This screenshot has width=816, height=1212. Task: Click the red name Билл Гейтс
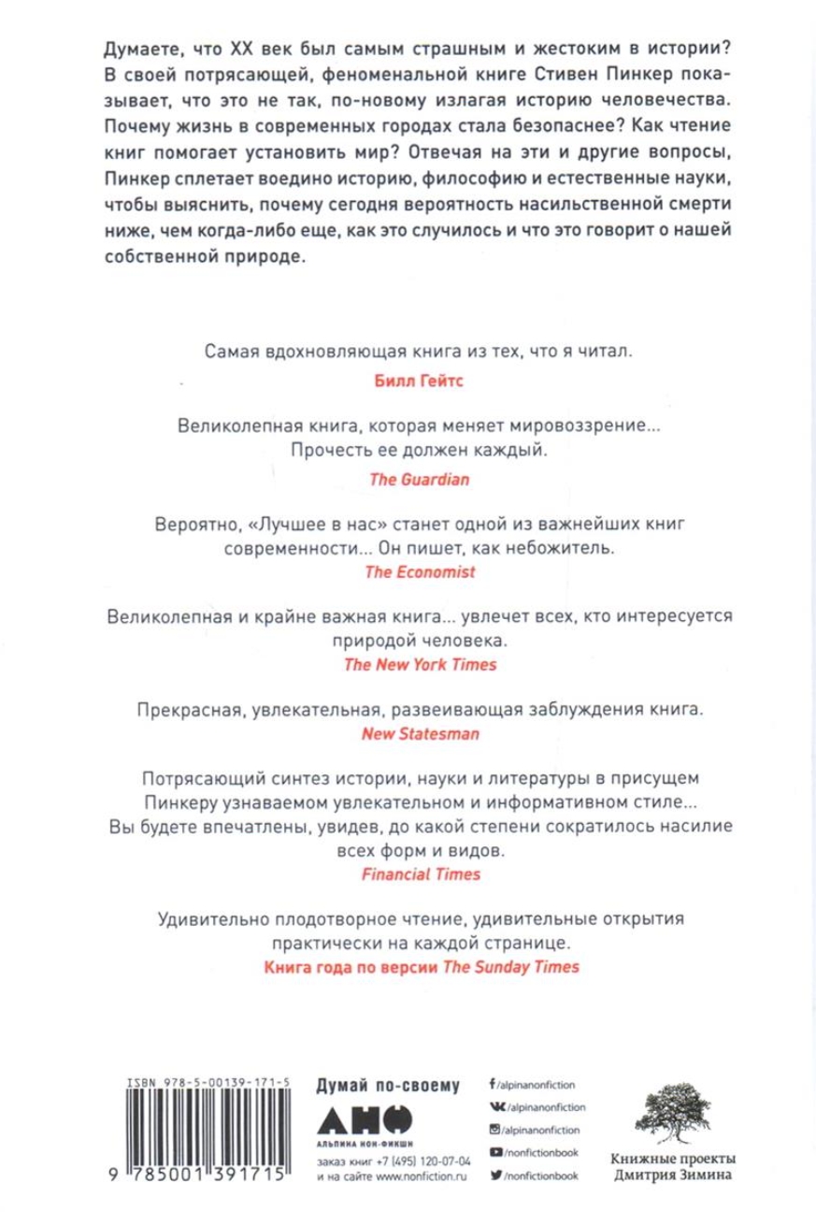(408, 382)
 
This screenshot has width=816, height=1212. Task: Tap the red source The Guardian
(408, 476)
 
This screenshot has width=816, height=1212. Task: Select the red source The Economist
(408, 570)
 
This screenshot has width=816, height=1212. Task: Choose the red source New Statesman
(408, 734)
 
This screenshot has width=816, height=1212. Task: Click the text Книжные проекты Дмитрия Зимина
(680, 1173)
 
